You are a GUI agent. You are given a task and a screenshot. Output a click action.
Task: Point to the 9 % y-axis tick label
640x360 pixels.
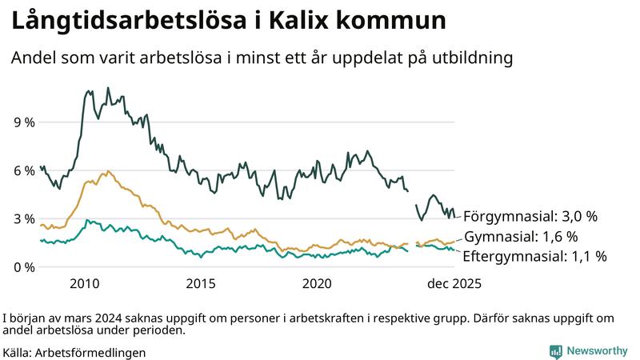(x=24, y=122)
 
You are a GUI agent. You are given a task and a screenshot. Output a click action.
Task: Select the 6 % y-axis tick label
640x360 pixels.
(x=24, y=170)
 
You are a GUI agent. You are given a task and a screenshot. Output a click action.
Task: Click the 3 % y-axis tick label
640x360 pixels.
(x=24, y=218)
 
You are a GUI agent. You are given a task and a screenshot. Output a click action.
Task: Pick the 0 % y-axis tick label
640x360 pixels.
(x=24, y=266)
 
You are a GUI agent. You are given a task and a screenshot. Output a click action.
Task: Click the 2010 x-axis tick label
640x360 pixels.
(x=85, y=284)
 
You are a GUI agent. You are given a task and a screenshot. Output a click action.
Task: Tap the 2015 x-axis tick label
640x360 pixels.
(x=201, y=284)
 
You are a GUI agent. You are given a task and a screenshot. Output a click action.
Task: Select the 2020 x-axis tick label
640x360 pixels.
(x=318, y=284)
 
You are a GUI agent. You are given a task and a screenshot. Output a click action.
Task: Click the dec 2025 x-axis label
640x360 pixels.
(x=454, y=284)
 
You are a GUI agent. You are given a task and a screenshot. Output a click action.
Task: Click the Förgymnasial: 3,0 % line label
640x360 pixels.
(x=530, y=216)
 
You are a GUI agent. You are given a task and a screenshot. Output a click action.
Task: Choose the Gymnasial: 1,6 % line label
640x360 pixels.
(x=521, y=237)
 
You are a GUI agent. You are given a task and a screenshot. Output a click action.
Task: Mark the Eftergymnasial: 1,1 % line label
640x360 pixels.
(x=535, y=257)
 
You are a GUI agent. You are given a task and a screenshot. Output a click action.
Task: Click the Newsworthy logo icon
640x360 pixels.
(x=555, y=350)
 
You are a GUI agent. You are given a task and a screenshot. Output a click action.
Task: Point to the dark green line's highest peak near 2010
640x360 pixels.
(x=87, y=91)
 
